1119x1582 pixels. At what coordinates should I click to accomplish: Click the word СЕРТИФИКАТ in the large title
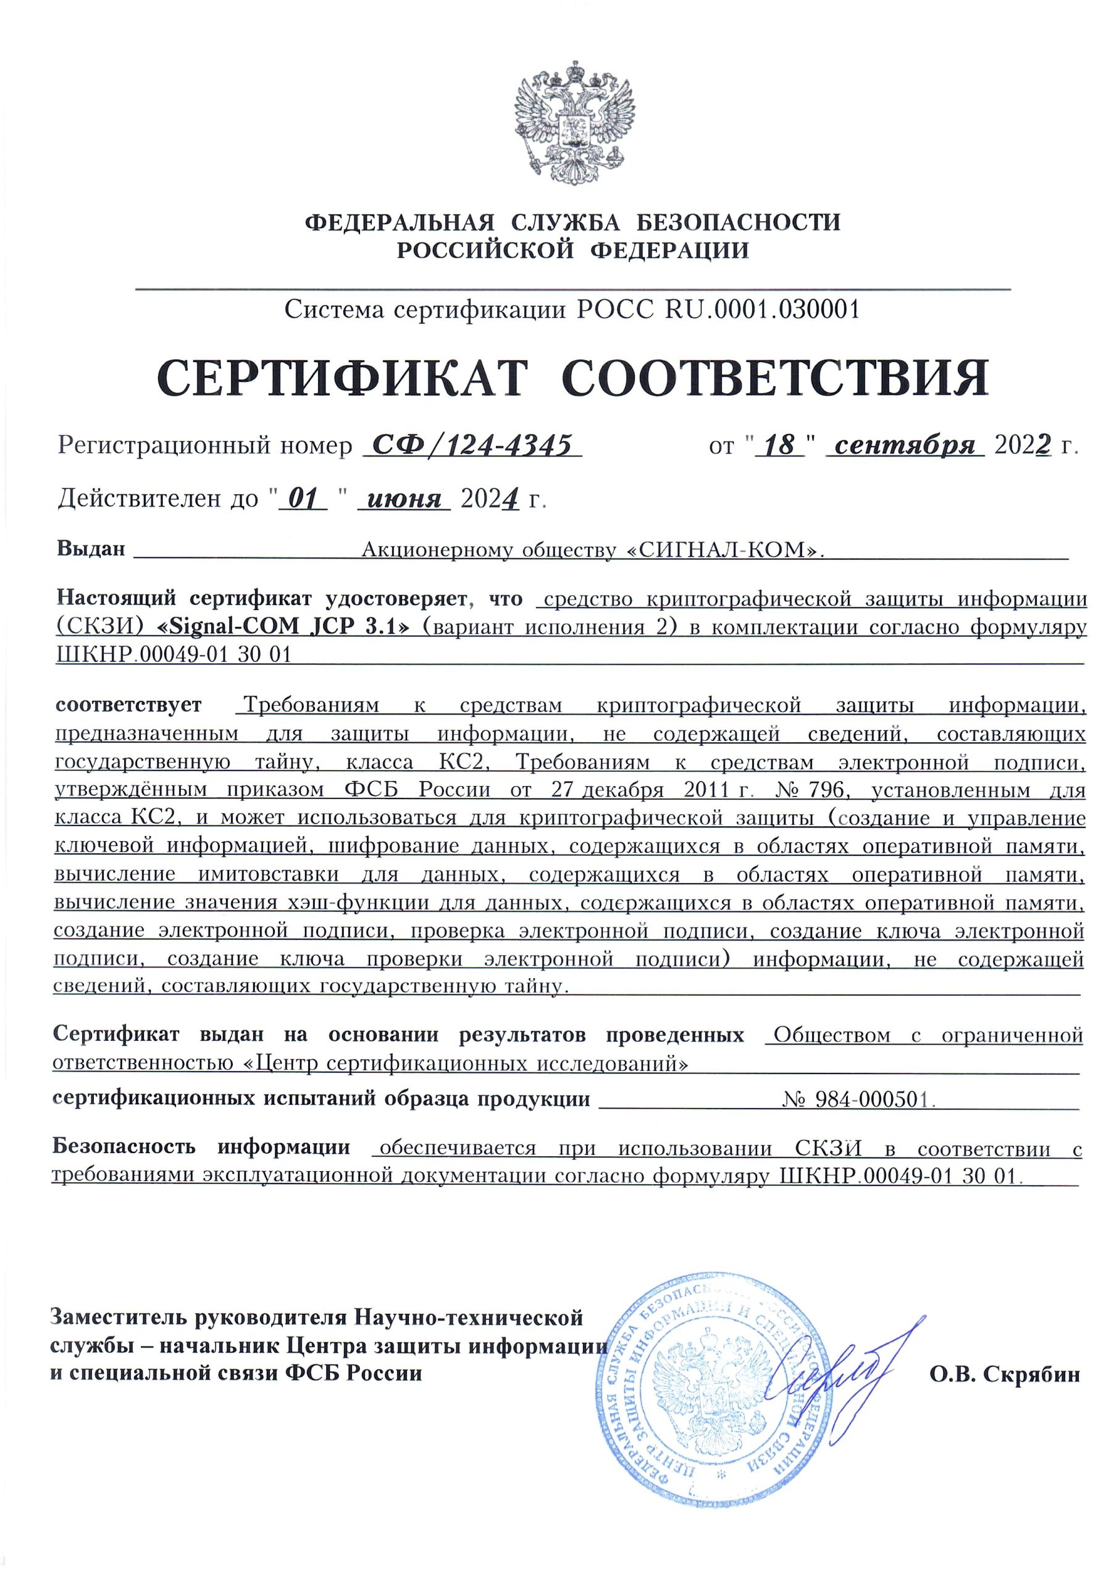pyautogui.click(x=342, y=378)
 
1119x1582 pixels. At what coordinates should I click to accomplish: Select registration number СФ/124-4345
pyautogui.click(x=472, y=446)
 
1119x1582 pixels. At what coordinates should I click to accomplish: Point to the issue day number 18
pyautogui.click(x=780, y=446)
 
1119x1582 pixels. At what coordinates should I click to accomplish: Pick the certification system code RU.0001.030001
pyautogui.click(x=763, y=310)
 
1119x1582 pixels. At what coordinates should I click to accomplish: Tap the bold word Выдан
pyautogui.click(x=91, y=549)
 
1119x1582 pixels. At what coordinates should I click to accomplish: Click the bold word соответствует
pyautogui.click(x=129, y=705)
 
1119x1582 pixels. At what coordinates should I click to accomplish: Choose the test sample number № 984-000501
pyautogui.click(x=858, y=1099)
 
